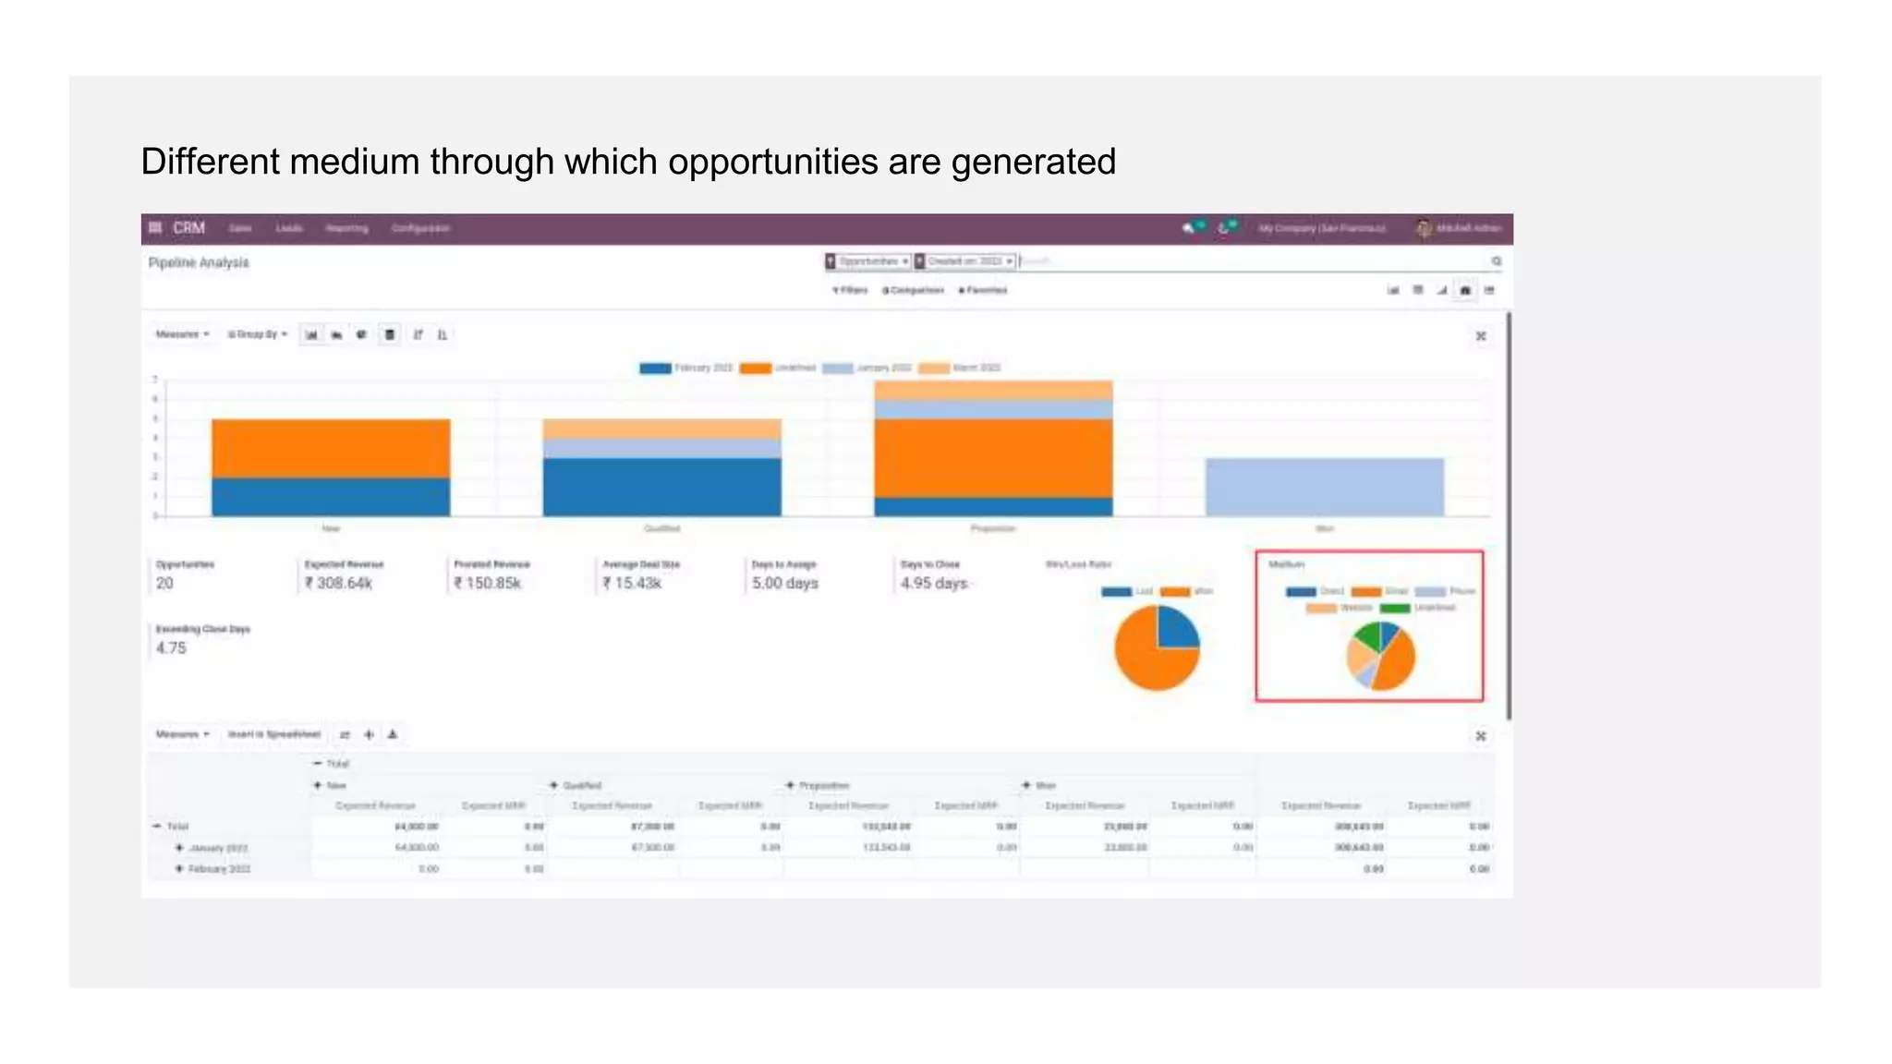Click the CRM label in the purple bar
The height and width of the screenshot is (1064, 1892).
(x=188, y=228)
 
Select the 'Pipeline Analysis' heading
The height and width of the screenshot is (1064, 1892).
(x=199, y=263)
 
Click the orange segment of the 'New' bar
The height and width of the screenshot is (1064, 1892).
(x=331, y=448)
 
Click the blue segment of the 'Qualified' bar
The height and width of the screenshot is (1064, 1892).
(x=661, y=487)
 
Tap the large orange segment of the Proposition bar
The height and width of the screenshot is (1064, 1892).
(x=993, y=458)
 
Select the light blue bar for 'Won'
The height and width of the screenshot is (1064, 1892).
(x=1324, y=487)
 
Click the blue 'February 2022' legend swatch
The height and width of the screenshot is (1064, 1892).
(x=655, y=369)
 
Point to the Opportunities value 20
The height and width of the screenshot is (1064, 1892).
(x=164, y=584)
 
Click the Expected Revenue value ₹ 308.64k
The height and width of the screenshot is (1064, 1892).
(x=339, y=584)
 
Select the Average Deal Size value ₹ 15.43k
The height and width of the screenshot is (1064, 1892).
(x=632, y=584)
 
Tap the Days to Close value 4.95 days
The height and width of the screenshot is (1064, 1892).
(x=933, y=584)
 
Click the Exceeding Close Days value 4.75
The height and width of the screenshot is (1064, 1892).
(x=171, y=648)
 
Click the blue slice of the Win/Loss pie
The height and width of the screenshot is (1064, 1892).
(x=1177, y=628)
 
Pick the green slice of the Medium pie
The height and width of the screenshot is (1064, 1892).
(x=1364, y=636)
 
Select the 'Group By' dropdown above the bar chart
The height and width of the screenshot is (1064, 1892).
(x=259, y=334)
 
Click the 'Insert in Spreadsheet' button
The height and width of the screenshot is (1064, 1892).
(x=274, y=734)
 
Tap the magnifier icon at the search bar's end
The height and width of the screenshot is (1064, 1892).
(x=1496, y=262)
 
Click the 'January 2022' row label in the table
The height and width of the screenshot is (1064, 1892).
(x=218, y=848)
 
